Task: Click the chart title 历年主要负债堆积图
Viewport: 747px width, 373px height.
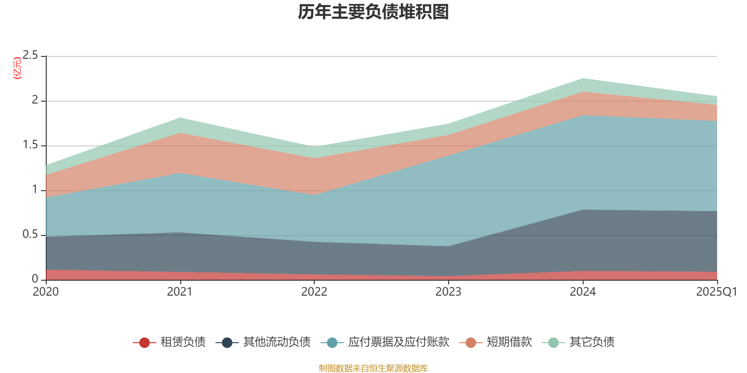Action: [373, 12]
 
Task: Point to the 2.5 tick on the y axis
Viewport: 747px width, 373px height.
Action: [31, 55]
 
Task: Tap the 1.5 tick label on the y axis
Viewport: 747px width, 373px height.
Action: [31, 145]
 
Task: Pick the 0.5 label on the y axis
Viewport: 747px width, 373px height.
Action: [31, 235]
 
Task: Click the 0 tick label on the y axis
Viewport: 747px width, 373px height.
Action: [35, 279]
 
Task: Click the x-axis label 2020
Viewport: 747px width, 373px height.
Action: [46, 292]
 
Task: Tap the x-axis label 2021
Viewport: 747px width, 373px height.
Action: [180, 292]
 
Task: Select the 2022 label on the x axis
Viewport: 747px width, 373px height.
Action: [314, 292]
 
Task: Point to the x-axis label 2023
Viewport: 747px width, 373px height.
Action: [448, 292]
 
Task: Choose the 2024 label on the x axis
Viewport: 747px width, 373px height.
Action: [583, 292]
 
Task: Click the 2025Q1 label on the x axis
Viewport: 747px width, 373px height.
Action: [716, 292]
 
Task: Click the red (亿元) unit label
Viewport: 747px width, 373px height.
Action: [18, 68]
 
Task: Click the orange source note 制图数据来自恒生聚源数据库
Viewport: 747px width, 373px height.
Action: [373, 368]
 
